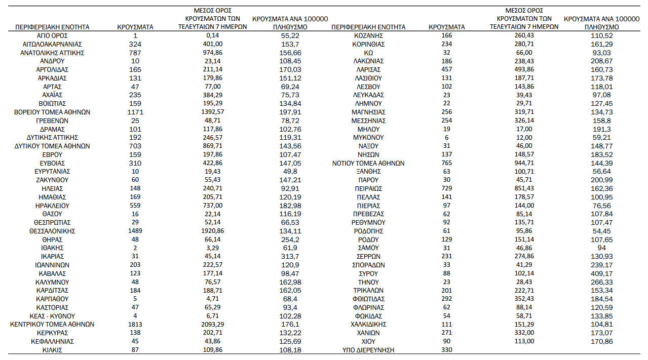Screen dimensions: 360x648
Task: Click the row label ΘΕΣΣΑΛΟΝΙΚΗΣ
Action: tap(52, 231)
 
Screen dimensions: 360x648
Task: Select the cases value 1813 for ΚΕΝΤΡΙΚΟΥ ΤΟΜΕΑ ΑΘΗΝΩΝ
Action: tap(135, 324)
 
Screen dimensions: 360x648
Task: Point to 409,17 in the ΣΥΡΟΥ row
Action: tap(601, 273)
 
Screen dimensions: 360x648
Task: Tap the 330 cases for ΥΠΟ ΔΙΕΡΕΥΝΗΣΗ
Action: tap(447, 350)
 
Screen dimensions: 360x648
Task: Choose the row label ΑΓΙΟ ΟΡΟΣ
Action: tap(52, 35)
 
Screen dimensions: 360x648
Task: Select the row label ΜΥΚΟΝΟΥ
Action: tap(368, 137)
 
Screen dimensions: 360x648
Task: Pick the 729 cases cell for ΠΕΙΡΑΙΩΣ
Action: tap(447, 188)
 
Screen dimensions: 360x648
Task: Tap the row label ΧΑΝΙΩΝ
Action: tap(368, 333)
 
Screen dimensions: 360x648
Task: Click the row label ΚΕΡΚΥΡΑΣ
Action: tap(52, 333)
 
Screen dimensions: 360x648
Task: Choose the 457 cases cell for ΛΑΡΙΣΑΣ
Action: tap(447, 69)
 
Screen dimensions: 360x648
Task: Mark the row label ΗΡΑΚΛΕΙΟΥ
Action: tap(52, 206)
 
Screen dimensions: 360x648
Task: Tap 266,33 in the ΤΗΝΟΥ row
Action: tap(601, 282)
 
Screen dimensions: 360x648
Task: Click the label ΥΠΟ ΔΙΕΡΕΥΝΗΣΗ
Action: tap(368, 350)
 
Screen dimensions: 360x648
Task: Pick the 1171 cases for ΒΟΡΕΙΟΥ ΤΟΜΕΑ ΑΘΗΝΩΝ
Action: tap(135, 112)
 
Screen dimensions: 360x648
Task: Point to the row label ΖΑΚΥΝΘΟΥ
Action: tap(52, 180)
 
